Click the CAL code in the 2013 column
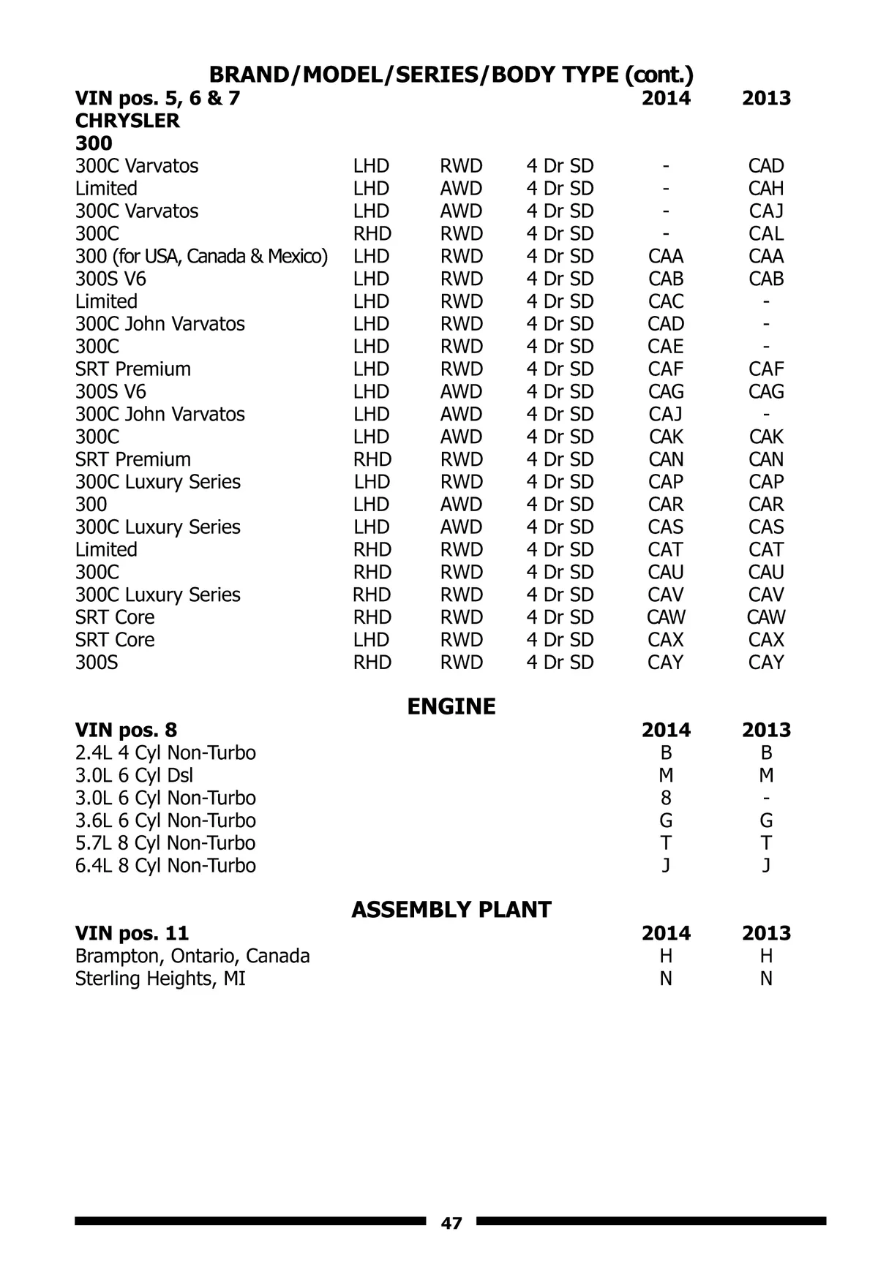pos(766,234)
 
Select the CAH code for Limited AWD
pos(766,189)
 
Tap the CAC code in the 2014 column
pos(666,301)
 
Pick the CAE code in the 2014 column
pos(666,347)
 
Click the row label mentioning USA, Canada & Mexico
pos(201,257)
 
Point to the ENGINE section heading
pos(451,706)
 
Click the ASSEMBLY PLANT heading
pos(451,910)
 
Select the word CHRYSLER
pos(127,121)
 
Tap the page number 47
pos(451,1223)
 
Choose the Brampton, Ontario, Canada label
pos(192,957)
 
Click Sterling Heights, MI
pos(160,979)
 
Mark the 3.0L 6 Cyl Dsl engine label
pos(134,776)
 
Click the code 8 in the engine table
pos(666,799)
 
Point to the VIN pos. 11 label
pos(132,934)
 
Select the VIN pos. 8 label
pos(126,731)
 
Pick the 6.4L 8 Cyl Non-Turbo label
pos(165,866)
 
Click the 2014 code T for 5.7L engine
pos(666,843)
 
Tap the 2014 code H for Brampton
pos(666,957)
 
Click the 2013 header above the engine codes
pos(766,731)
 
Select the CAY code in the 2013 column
pos(766,663)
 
